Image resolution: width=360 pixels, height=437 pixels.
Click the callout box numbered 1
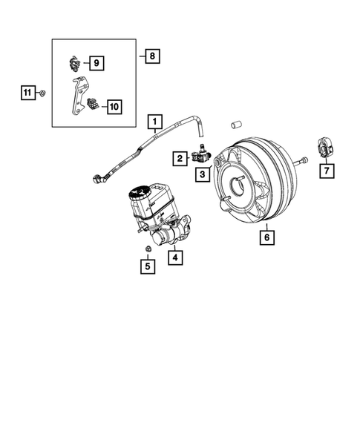point(154,120)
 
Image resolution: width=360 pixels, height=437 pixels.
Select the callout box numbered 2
point(179,157)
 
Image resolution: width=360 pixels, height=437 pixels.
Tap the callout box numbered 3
point(201,174)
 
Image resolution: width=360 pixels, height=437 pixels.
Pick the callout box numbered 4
point(175,257)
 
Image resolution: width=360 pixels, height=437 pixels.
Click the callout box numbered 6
point(266,237)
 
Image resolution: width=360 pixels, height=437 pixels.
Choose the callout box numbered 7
point(327,171)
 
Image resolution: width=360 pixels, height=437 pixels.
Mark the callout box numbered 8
point(151,55)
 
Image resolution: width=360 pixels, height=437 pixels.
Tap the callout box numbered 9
point(97,63)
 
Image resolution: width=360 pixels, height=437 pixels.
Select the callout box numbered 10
point(113,107)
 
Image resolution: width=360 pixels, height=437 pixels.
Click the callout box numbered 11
point(27,92)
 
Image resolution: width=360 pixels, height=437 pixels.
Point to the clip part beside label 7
point(325,149)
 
